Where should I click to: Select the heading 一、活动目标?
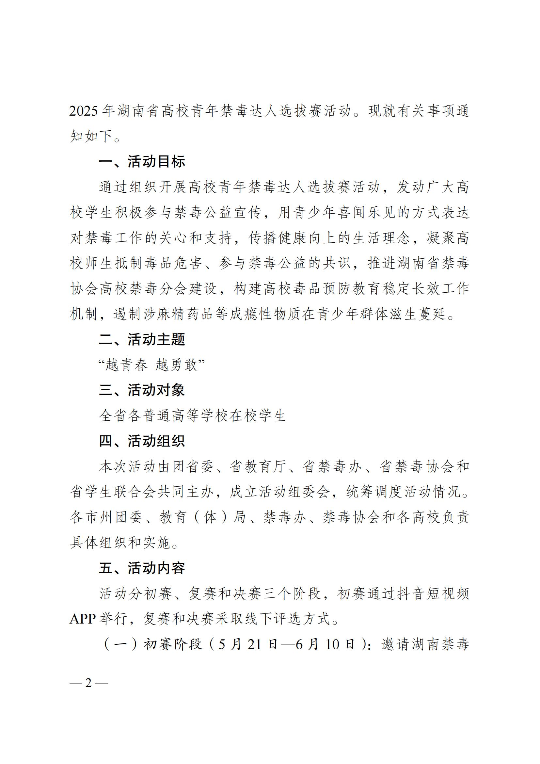coord(142,162)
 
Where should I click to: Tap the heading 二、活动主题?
coord(142,340)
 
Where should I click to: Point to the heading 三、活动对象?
coord(142,390)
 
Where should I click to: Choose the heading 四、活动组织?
coord(142,441)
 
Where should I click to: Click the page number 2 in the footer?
coord(88,683)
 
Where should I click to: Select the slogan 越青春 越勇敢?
coord(151,366)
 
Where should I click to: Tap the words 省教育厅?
coord(258,467)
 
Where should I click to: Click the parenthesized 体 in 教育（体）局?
coord(211,517)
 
